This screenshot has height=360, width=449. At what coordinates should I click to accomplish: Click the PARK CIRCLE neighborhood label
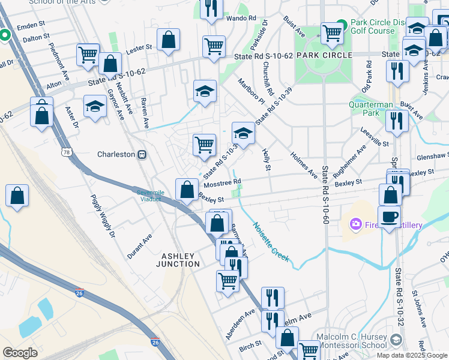[x=325, y=55]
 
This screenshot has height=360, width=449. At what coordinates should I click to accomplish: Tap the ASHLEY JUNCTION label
[x=178, y=260]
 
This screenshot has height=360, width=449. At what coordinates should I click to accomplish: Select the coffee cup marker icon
[x=389, y=217]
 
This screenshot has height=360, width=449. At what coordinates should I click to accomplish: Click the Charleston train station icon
[x=143, y=154]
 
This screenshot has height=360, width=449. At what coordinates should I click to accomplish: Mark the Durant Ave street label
[x=139, y=247]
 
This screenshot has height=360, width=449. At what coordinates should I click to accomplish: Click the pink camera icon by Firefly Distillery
[x=356, y=225]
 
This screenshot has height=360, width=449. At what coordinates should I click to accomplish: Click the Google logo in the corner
[x=20, y=352]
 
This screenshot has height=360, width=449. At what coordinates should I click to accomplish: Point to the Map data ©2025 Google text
[x=412, y=355]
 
